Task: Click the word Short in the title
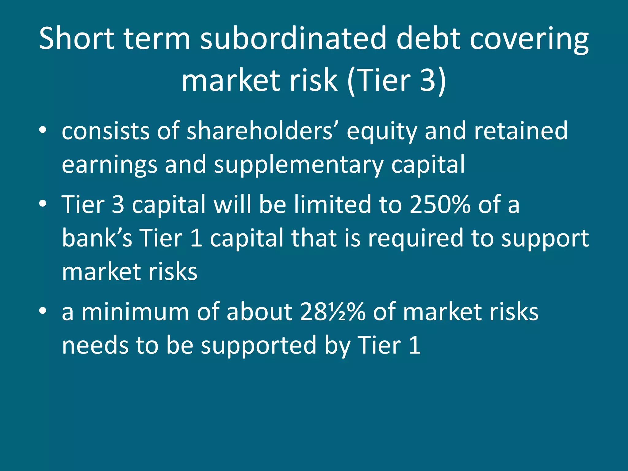tap(76, 39)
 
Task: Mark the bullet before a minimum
tap(43, 310)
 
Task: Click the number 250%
tap(440, 205)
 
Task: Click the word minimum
tap(135, 312)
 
